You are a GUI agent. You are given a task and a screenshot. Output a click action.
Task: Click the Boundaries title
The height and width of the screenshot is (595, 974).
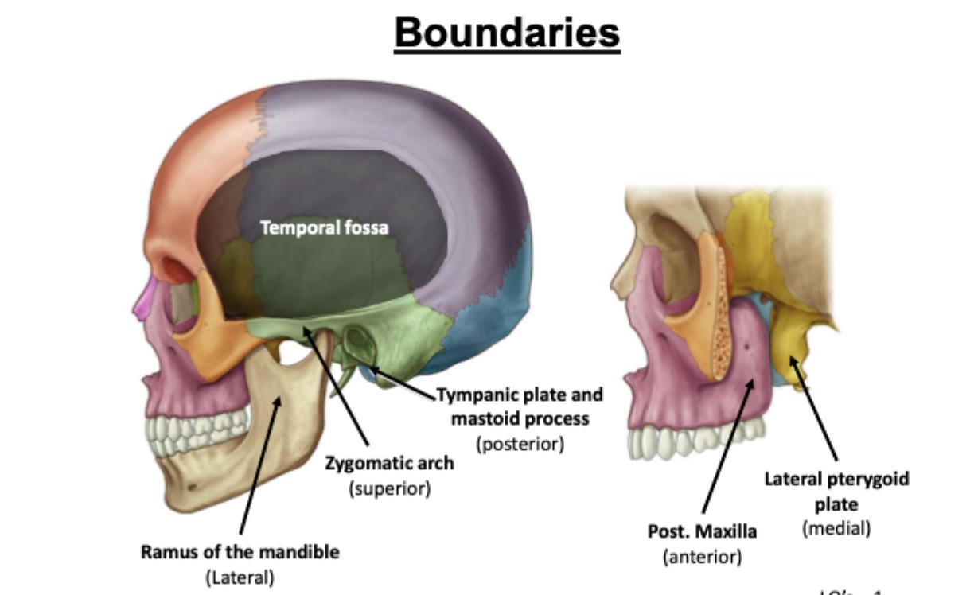coord(507,34)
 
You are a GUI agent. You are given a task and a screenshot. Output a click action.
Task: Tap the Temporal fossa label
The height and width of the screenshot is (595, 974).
coord(325,227)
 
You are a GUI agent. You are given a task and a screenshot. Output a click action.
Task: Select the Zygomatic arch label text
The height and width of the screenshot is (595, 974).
coord(389,463)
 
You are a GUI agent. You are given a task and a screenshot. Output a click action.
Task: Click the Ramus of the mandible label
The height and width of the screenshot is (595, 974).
coord(240,551)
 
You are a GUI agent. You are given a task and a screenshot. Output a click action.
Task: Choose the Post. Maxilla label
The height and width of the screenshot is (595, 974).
coord(702,531)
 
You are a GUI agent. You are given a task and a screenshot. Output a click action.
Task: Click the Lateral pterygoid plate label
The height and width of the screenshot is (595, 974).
coord(836,491)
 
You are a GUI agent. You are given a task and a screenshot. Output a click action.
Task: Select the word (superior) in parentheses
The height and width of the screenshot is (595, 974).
coord(389,488)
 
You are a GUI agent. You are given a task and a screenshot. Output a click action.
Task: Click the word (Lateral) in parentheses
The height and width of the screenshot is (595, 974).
coord(240,577)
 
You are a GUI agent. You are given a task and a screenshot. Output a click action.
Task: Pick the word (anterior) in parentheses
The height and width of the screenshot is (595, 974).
coord(702,557)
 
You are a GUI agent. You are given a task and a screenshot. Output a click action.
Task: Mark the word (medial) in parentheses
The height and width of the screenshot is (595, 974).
coord(836,527)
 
